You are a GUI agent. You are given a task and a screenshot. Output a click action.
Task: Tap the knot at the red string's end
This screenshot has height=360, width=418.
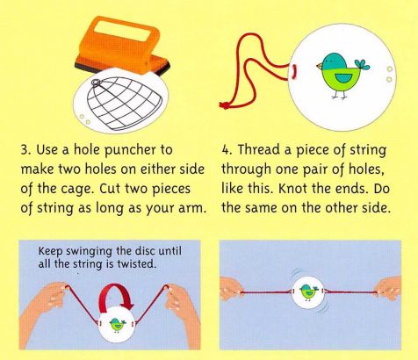(225, 104)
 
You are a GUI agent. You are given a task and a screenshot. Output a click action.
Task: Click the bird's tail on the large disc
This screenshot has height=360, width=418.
(362, 65)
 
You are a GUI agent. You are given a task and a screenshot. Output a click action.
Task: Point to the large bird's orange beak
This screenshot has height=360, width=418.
(319, 66)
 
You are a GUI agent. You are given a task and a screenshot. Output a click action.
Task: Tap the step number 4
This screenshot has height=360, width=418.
(225, 150)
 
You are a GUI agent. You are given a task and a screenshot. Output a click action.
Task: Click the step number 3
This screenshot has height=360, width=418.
(25, 150)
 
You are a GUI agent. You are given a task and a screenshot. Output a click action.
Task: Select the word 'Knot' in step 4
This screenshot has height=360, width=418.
(292, 189)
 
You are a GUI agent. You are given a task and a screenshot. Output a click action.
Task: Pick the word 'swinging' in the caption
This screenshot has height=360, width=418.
(88, 252)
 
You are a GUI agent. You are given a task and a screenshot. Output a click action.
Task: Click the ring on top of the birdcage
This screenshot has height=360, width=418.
(96, 83)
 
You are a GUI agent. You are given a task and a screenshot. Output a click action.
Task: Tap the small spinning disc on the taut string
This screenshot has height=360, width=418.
(307, 292)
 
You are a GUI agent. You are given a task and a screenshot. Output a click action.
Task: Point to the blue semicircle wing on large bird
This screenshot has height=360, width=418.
(340, 78)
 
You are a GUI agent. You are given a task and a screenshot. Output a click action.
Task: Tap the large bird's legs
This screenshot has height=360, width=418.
(339, 93)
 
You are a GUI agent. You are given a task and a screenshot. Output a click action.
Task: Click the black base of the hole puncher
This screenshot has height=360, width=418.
(123, 68)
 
